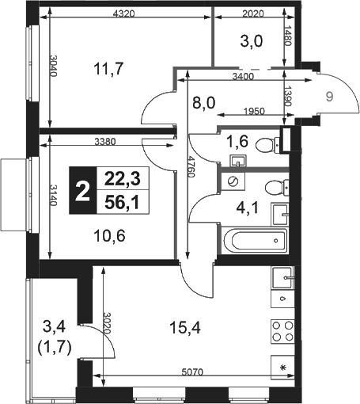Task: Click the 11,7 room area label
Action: click(108, 68)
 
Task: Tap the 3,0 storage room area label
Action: click(252, 41)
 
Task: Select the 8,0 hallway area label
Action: click(204, 102)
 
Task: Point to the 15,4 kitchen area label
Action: click(185, 328)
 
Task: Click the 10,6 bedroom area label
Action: click(109, 236)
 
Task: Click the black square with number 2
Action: click(83, 190)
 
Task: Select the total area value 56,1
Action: click(122, 203)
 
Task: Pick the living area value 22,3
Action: click(123, 179)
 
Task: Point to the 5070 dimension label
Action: click(192, 372)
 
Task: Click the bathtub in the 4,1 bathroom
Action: click(255, 240)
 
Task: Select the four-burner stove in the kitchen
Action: click(282, 332)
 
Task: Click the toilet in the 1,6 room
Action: click(267, 145)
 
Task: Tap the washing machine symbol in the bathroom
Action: click(233, 181)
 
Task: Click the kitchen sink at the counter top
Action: click(282, 278)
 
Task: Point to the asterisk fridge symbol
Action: click(283, 368)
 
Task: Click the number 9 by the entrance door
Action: click(329, 97)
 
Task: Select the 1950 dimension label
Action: click(254, 111)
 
